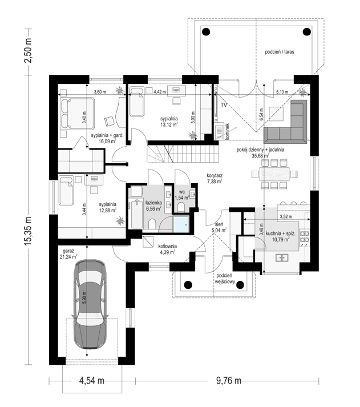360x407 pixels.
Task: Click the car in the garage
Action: click(90, 304)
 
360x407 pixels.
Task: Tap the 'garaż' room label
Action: click(68, 251)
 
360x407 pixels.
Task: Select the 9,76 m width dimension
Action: click(229, 381)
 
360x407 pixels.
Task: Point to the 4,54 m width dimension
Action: click(91, 381)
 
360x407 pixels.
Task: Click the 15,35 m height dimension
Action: click(28, 231)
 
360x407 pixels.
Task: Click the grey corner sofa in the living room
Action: click(286, 122)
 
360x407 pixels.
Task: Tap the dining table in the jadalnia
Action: click(274, 174)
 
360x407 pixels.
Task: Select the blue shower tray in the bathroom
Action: click(181, 224)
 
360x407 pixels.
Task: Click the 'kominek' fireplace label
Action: click(228, 132)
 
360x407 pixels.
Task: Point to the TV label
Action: click(224, 105)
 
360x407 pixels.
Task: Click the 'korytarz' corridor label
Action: click(215, 175)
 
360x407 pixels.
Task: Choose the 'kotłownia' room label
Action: click(168, 246)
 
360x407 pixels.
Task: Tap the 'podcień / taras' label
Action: click(280, 52)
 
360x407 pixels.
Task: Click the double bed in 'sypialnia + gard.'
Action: click(77, 113)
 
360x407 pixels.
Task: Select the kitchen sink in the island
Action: click(281, 257)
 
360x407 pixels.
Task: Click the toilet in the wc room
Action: click(181, 207)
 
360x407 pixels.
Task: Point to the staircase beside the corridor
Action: click(183, 154)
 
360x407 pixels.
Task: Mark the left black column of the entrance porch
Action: click(188, 285)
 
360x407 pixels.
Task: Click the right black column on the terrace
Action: click(306, 32)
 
